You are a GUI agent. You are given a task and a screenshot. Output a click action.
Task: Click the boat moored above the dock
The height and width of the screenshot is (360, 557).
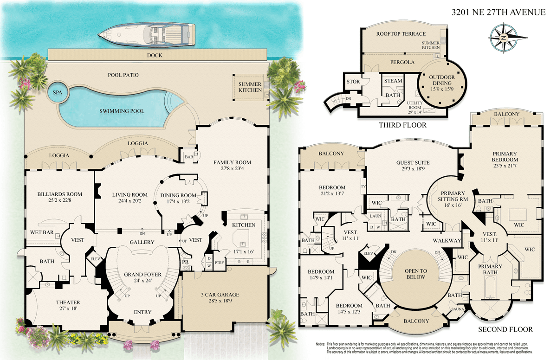coord(147,34)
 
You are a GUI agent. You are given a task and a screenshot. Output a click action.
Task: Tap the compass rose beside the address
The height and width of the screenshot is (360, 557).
coord(504,38)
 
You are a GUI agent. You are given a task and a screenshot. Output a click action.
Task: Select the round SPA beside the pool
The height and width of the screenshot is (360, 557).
coord(58,92)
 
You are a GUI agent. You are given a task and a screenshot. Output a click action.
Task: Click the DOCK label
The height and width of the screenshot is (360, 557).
coord(155,55)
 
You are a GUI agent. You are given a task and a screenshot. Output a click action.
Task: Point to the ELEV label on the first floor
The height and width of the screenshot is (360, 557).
coord(95,259)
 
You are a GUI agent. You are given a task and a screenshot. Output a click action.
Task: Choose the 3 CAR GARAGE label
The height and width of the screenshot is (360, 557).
coord(220,295)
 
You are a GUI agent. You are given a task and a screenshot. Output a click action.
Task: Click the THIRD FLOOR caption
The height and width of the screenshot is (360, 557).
coord(402,125)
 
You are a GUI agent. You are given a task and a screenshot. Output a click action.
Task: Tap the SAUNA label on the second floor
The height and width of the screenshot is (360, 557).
coord(458,309)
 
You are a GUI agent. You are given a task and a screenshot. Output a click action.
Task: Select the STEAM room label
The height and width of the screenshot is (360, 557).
coord(393,81)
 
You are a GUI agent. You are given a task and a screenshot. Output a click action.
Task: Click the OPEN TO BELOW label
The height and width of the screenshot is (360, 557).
coord(416,274)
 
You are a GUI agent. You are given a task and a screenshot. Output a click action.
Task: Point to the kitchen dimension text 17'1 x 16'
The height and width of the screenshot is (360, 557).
coord(243,251)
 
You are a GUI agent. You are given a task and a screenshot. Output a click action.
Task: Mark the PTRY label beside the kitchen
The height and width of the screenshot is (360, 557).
coord(219,263)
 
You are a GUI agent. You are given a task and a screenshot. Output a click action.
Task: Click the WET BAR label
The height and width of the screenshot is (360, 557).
coord(42,232)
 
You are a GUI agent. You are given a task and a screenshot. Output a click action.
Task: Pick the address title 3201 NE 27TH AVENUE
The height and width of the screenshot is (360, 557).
coord(499,12)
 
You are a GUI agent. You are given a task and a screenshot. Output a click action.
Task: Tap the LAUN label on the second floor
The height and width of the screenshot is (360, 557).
coord(376,216)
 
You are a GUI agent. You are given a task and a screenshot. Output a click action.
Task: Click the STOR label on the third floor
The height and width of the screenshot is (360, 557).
coord(353,82)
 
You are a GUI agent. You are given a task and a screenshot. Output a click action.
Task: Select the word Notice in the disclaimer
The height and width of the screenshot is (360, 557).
coord(321,344)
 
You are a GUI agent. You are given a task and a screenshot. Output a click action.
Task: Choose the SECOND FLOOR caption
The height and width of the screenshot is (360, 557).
coord(505,329)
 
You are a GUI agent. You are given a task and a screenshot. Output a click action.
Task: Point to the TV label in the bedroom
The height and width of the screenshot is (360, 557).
coord(363,186)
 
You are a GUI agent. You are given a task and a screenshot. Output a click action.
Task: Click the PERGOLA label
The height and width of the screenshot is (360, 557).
coord(402,62)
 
